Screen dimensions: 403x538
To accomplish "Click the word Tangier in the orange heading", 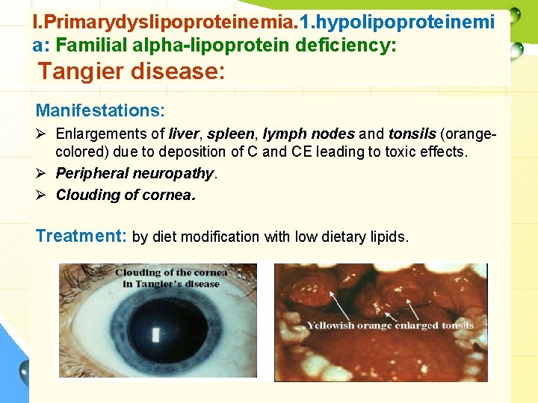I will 82,72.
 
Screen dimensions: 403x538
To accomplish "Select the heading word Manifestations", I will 100,111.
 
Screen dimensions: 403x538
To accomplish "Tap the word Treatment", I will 81,237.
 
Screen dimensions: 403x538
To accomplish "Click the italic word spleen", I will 229,134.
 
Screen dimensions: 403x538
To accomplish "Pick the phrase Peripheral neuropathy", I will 135,174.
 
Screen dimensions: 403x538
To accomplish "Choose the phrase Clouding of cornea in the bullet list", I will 126,195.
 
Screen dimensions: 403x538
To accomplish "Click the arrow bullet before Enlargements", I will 43,134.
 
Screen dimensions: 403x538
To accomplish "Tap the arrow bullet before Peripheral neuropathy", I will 43,174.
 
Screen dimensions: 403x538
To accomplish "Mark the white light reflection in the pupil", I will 155,334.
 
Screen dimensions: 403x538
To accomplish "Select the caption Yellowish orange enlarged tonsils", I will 390,325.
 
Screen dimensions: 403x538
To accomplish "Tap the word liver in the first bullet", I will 184,134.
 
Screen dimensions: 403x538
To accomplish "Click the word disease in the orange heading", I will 180,72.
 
